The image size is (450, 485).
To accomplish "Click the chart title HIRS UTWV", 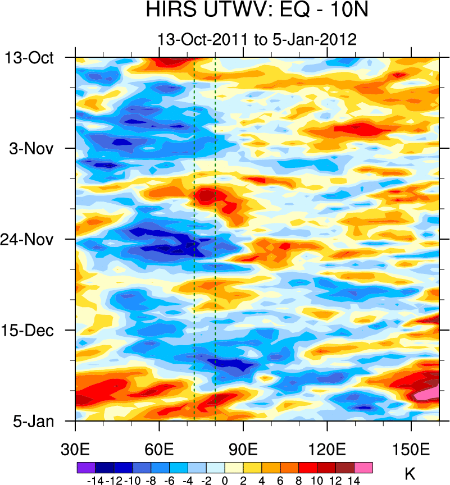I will (x=257, y=10).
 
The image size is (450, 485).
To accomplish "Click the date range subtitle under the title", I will (x=257, y=40).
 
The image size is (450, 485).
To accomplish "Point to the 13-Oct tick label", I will (x=29, y=58).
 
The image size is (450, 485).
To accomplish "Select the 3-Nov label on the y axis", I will (x=33, y=149).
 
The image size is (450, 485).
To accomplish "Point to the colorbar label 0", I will (x=225, y=480).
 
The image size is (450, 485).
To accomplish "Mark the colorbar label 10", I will (x=317, y=480).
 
